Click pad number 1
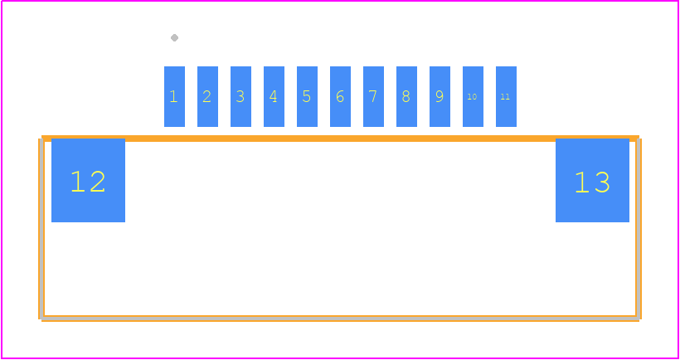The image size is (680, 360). pos(174,96)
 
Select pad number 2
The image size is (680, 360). pos(207,96)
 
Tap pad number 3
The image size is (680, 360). pos(240,96)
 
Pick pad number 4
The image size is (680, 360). pos(274,96)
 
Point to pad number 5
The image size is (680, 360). pos(307,96)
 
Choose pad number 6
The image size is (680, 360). pos(341,96)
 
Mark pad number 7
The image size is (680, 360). pos(373,96)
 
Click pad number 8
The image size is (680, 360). pos(407,96)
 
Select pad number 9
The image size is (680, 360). pos(440,96)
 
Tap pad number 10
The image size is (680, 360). pos(474,96)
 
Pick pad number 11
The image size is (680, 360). pos(506,96)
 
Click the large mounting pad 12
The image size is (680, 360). pos(88,181)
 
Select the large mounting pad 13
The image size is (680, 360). pos(592,181)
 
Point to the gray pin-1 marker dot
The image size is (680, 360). pos(174,37)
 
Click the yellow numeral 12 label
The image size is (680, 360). pos(88,182)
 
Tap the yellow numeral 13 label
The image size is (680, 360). pos(592,182)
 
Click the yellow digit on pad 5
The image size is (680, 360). pos(307,96)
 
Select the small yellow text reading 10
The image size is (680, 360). pos(473,97)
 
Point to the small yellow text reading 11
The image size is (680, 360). pos(505,97)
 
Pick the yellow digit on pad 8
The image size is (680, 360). pos(406,96)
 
